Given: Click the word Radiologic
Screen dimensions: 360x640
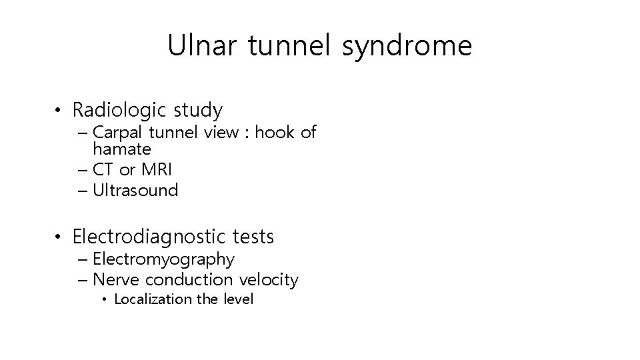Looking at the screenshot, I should [114, 109].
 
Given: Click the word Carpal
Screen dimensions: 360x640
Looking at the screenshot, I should [117, 133].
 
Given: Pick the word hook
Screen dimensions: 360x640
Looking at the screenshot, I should [273, 132].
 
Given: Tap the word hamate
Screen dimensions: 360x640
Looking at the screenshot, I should [122, 149].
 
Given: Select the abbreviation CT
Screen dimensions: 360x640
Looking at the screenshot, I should [104, 169].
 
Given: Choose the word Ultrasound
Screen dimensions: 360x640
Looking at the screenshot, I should [136, 191].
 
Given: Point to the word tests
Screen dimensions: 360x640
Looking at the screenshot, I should [252, 237].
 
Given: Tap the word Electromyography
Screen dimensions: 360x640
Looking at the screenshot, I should [163, 259].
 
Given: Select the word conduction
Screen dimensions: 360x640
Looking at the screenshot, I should [189, 280].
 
